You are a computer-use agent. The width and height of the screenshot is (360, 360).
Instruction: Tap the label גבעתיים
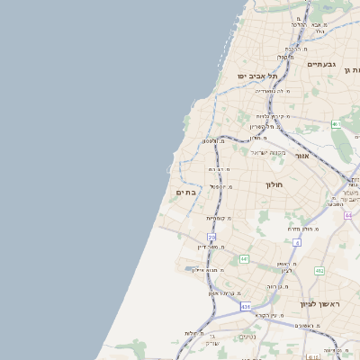tap(321, 65)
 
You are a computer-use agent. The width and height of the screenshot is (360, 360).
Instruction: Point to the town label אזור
tap(302, 156)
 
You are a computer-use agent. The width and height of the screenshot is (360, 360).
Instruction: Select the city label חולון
tap(274, 184)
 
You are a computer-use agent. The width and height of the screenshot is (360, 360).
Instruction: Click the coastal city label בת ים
tap(185, 192)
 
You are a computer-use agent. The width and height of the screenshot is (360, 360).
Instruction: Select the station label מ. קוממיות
tap(219, 218)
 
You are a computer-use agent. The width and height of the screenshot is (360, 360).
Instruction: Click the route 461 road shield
tap(336, 124)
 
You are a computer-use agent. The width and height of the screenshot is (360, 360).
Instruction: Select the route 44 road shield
tap(348, 215)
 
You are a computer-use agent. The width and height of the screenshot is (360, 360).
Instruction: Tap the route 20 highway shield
tap(211, 237)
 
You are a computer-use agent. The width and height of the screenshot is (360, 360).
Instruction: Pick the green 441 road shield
tap(244, 259)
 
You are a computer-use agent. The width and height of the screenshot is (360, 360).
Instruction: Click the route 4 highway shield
tap(296, 242)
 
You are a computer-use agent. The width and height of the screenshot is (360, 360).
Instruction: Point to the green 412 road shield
tap(319, 270)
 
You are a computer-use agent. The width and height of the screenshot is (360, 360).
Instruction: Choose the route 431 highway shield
tap(246, 307)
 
